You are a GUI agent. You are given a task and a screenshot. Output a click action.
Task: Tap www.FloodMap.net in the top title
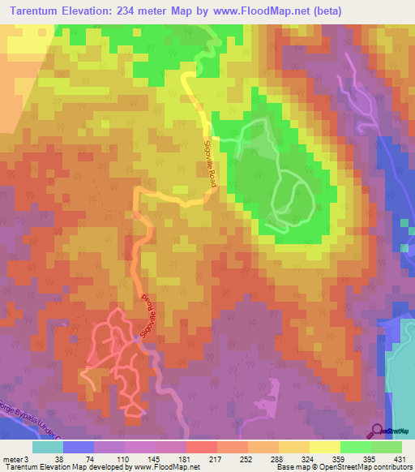point(254,11)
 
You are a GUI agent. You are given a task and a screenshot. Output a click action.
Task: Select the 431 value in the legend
point(400,459)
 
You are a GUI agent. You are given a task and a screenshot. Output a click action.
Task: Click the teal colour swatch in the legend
point(48,447)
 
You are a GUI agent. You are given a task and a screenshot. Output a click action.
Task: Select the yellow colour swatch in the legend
point(324,447)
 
